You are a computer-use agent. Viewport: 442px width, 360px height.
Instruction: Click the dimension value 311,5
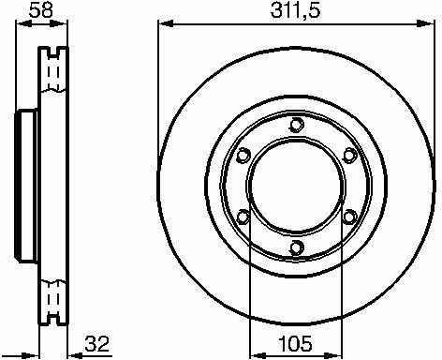pos(295,10)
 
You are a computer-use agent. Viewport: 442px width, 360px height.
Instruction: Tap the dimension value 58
pos(40,10)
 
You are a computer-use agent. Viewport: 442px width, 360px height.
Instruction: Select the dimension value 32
pos(97,344)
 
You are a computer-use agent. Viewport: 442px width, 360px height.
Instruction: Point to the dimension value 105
pos(295,343)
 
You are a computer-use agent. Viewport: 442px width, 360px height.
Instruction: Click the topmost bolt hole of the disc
pos(296,125)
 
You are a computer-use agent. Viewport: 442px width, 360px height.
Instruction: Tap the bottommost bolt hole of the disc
pos(296,247)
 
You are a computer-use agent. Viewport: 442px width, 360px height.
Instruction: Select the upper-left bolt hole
pos(243,156)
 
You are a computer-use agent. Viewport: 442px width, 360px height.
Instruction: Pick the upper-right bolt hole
pos(350,156)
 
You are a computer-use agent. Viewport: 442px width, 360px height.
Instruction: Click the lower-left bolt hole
pos(243,217)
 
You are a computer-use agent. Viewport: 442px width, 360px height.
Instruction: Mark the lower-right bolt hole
pos(350,217)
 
